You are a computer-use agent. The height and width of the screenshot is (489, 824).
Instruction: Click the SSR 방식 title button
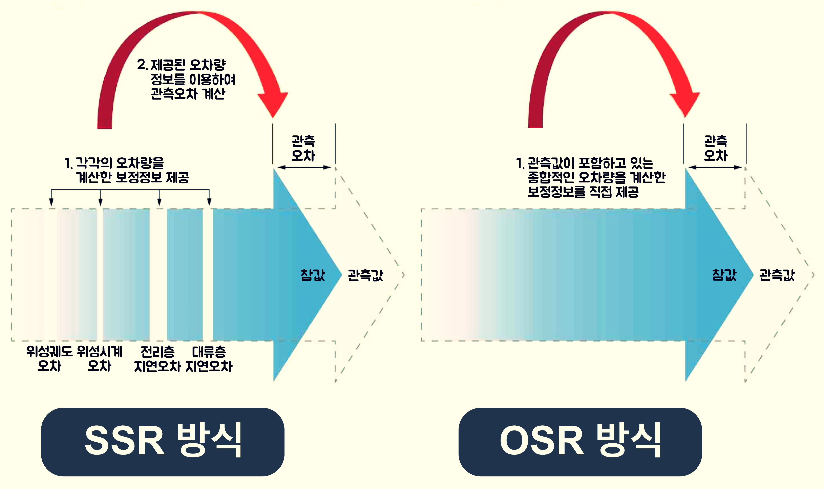163,442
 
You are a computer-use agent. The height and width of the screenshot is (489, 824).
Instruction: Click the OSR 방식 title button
580,442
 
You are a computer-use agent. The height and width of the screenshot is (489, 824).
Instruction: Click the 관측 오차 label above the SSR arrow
303,148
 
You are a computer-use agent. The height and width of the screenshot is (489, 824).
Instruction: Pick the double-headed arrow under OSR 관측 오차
715,167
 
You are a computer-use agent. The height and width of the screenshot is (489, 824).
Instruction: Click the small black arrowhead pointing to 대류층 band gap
209,202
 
